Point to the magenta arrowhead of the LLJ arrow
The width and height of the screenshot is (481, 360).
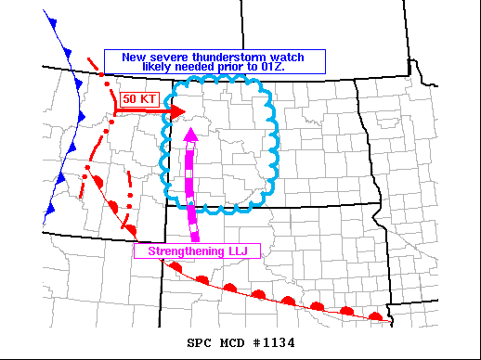[191, 135]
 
